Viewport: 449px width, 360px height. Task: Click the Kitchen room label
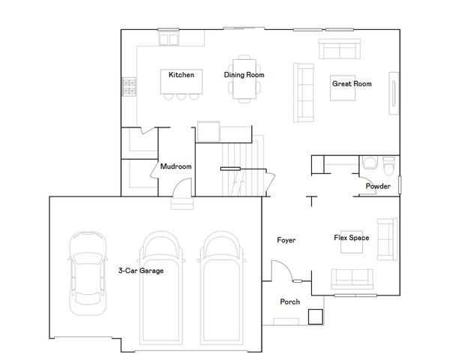(x=181, y=75)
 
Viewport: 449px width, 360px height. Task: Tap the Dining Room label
(x=244, y=75)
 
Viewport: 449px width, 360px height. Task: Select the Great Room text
(x=352, y=84)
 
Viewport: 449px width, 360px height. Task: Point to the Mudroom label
(x=176, y=166)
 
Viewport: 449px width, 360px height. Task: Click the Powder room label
(x=378, y=186)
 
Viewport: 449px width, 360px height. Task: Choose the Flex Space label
(x=351, y=238)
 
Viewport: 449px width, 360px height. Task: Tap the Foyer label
(x=286, y=241)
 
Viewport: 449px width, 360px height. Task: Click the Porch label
(x=289, y=302)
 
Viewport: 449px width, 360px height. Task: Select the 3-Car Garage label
(x=141, y=271)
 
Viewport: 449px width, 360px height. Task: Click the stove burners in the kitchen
(x=130, y=87)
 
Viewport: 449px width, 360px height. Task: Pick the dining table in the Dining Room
(x=244, y=78)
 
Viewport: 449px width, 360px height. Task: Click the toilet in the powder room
(x=388, y=165)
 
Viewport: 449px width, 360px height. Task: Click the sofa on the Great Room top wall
(x=339, y=50)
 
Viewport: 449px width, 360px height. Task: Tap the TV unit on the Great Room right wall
(x=393, y=94)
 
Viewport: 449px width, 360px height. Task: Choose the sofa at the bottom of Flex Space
(x=352, y=278)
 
